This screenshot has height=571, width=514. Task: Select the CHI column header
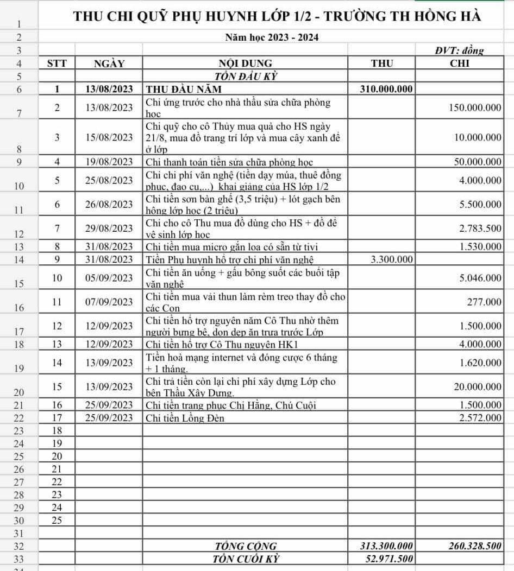tap(460, 63)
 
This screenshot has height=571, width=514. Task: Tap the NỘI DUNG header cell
tap(245, 63)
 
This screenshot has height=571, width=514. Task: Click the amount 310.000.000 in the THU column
tap(386, 89)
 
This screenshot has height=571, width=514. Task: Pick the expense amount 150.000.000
tap(475, 107)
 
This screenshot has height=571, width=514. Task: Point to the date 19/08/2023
tap(109, 162)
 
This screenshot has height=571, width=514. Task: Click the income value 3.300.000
tap(392, 259)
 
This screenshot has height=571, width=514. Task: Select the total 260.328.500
tap(474, 546)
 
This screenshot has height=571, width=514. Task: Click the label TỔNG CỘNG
tap(246, 546)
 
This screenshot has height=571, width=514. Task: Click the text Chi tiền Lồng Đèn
tap(185, 418)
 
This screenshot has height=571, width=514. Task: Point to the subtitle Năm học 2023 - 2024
tap(272, 37)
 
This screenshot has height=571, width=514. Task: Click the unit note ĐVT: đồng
tap(459, 50)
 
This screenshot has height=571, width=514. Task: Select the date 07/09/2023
tap(109, 302)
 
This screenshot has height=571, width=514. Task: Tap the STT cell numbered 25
tap(57, 520)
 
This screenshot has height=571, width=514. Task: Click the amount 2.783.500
tap(480, 228)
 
